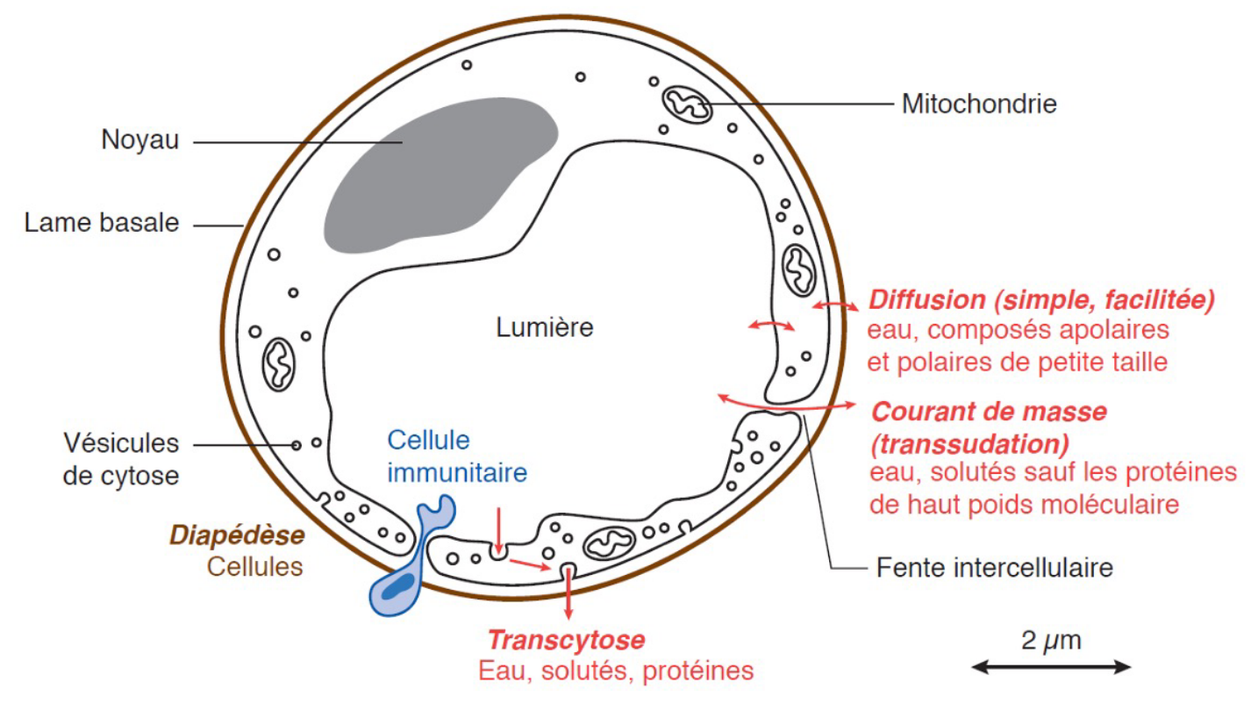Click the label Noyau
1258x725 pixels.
[139, 140]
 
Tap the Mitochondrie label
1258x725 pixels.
[979, 104]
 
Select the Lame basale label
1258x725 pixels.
[102, 223]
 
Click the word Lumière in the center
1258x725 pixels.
[544, 327]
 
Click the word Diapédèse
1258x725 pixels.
[237, 535]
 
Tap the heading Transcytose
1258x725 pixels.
[566, 640]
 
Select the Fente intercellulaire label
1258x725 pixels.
[995, 568]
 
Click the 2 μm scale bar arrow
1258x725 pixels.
[1051, 667]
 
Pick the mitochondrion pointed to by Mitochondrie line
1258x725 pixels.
[688, 104]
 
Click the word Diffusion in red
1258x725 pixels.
[927, 299]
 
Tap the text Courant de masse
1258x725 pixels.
[989, 412]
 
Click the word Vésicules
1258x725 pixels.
[121, 443]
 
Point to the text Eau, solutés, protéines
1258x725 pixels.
[616, 671]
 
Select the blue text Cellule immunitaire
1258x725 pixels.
[457, 456]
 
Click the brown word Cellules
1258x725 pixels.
[255, 567]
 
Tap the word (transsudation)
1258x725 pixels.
[970, 444]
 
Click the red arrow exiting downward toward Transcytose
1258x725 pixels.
[569, 593]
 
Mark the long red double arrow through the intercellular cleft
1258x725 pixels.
[786, 406]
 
